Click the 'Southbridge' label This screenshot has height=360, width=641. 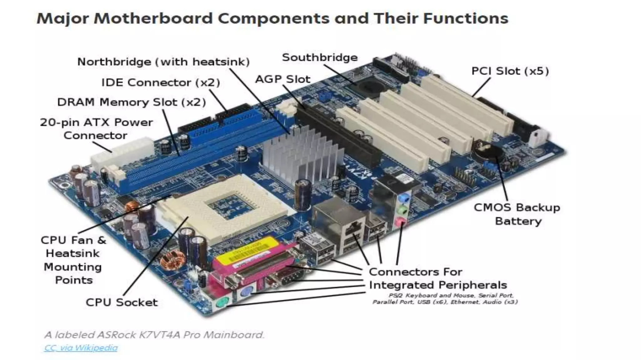pyautogui.click(x=320, y=57)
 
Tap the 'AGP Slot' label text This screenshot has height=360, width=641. pyautogui.click(x=283, y=79)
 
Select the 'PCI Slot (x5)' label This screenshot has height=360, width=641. pyautogui.click(x=510, y=71)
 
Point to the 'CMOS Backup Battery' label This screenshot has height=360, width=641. pyautogui.click(x=517, y=214)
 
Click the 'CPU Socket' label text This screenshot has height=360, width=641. pyautogui.click(x=122, y=302)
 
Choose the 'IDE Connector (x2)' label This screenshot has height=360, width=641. pyautogui.click(x=161, y=82)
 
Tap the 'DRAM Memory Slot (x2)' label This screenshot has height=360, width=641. pyautogui.click(x=131, y=102)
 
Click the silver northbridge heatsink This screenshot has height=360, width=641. pyautogui.click(x=300, y=153)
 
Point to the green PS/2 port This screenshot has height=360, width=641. pyautogui.click(x=223, y=302)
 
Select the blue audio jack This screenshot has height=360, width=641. pyautogui.click(x=405, y=198)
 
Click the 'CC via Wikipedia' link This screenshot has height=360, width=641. pyautogui.click(x=81, y=348)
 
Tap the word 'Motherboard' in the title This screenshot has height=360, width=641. pyautogui.click(x=153, y=18)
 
